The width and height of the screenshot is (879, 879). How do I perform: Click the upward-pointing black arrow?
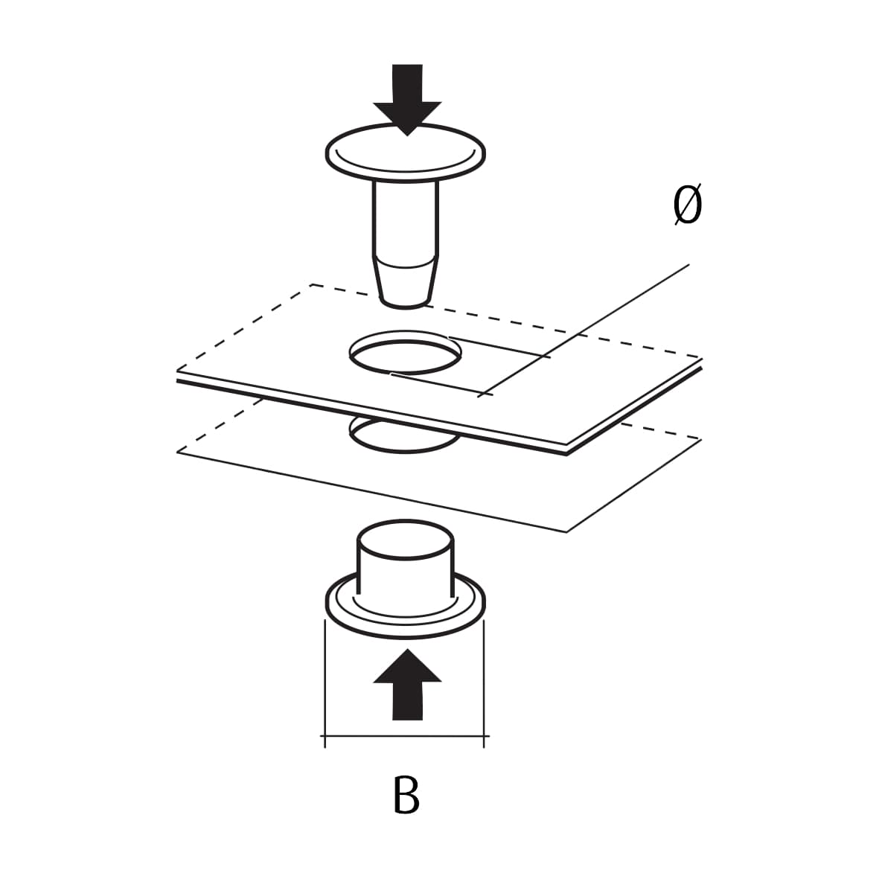[407, 685]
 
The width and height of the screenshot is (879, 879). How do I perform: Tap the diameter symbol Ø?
[687, 207]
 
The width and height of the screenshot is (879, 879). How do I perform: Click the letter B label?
[406, 796]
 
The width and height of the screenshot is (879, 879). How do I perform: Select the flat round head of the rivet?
[406, 152]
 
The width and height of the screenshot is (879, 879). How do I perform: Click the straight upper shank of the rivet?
[406, 220]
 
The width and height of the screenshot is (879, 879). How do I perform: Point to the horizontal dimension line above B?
[406, 737]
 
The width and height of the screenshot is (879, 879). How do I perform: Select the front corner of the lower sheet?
[567, 531]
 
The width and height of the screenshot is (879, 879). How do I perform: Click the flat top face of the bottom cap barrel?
[406, 540]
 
